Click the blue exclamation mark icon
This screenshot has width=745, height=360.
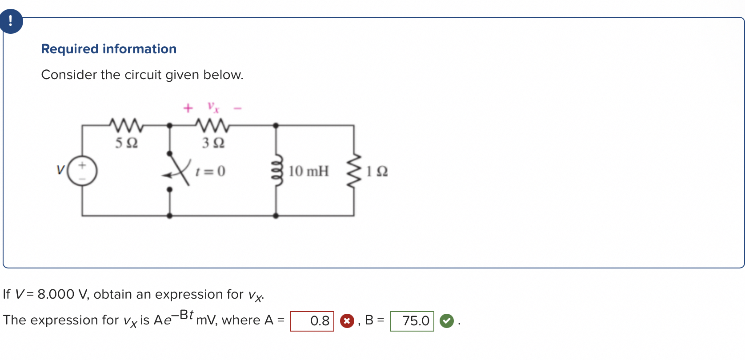[x=11, y=21]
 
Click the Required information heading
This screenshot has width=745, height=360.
[x=109, y=49]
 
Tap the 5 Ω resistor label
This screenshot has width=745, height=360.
[x=127, y=143]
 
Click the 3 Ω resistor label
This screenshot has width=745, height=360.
[x=213, y=143]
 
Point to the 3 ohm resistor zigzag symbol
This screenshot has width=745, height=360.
[x=213, y=125]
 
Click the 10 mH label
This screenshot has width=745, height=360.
[x=308, y=171]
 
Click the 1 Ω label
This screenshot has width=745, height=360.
[x=377, y=172]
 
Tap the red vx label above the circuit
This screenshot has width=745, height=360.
[x=213, y=107]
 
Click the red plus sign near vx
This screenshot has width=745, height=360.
[x=188, y=108]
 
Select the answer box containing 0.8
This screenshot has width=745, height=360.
[x=312, y=321]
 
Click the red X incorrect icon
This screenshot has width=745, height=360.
[x=347, y=321]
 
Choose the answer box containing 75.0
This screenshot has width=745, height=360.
[x=412, y=321]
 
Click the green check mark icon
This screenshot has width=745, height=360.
[x=447, y=321]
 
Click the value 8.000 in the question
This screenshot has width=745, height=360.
[x=56, y=294]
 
